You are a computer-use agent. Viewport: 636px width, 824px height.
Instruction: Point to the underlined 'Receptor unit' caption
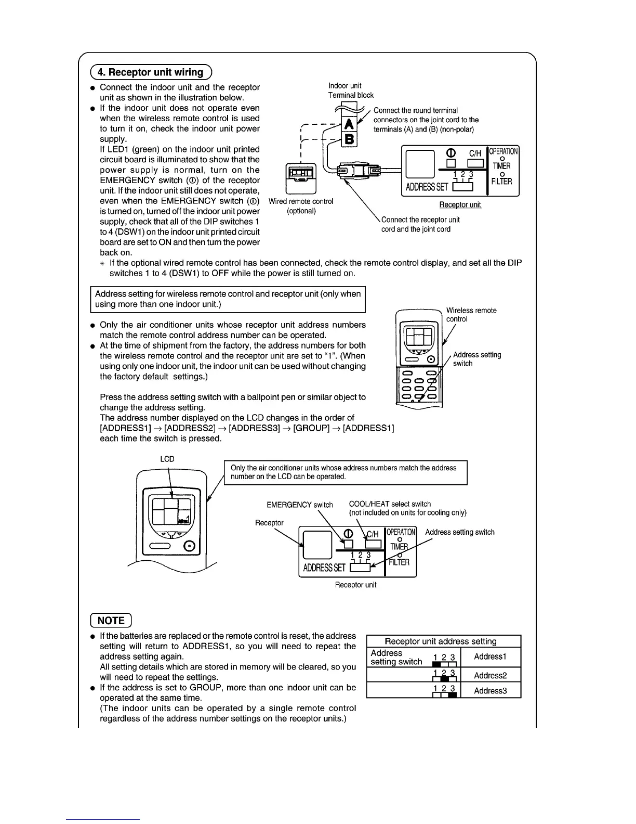[460, 204]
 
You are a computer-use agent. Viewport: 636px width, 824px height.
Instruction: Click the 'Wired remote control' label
[301, 201]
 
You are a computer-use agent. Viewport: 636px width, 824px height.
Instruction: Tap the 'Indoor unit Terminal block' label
[351, 90]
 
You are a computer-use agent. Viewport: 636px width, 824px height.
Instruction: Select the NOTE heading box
[111, 620]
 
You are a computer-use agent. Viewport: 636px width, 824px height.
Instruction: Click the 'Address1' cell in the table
[490, 656]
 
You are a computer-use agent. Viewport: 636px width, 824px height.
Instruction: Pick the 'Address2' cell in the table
[490, 675]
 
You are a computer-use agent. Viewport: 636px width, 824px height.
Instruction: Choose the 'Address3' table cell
[490, 691]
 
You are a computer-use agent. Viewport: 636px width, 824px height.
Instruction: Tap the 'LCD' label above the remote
[167, 459]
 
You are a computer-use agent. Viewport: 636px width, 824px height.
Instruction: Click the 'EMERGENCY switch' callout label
[299, 505]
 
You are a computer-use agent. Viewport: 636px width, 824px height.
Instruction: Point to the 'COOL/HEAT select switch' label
[390, 504]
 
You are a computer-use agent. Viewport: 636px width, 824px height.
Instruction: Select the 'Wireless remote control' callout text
[471, 314]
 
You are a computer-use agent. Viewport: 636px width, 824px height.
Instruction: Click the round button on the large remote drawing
[190, 546]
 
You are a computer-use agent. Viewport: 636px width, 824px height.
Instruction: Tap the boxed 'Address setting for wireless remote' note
[228, 299]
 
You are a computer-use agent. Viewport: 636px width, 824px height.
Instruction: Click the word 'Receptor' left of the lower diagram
[269, 522]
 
